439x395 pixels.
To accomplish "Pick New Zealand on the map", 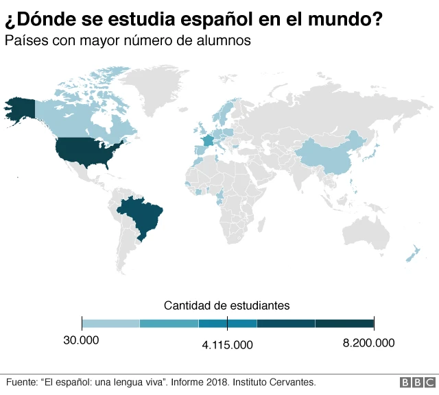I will point(413,253).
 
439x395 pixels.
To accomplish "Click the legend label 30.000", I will point(81,341).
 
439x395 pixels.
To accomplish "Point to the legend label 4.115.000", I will point(227,345).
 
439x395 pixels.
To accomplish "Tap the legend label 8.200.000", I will point(368,342).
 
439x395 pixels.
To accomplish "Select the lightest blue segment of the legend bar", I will point(110,323).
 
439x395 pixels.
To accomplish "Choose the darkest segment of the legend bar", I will point(344,323).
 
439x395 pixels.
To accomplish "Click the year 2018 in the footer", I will point(213,382).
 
